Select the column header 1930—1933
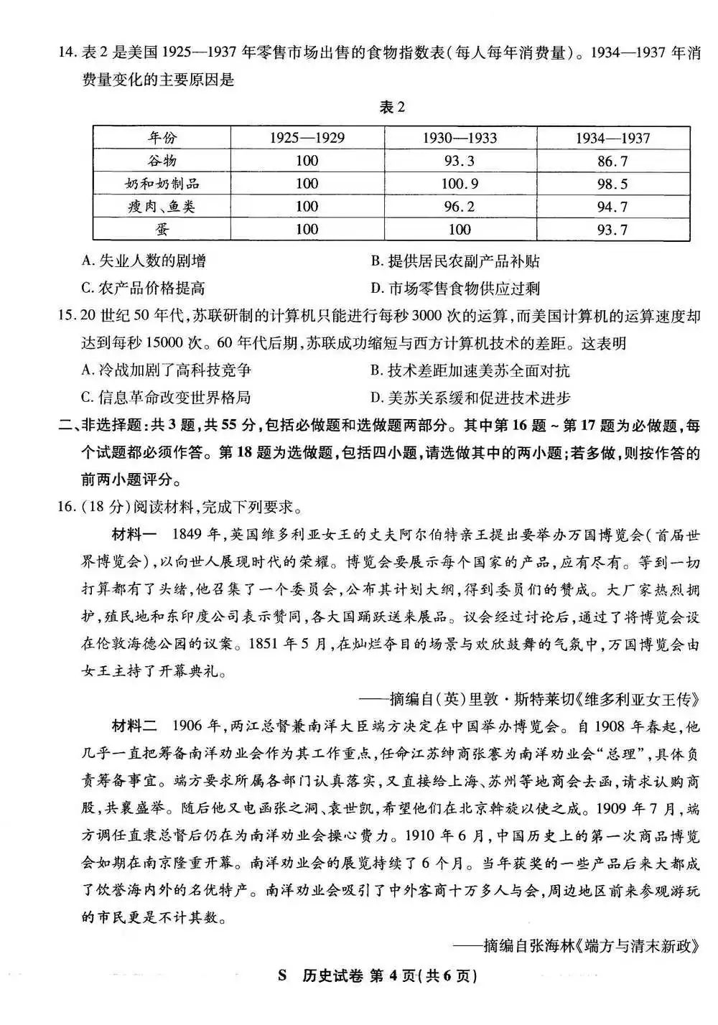coord(460,138)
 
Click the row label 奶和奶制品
coord(162,184)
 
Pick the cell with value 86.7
coord(612,161)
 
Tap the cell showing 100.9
coord(460,184)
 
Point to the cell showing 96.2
coord(460,207)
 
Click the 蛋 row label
coord(162,230)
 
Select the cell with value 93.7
coord(612,230)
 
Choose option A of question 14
coord(144,261)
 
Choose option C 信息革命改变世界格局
coord(166,397)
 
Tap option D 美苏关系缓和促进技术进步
coord(470,397)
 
